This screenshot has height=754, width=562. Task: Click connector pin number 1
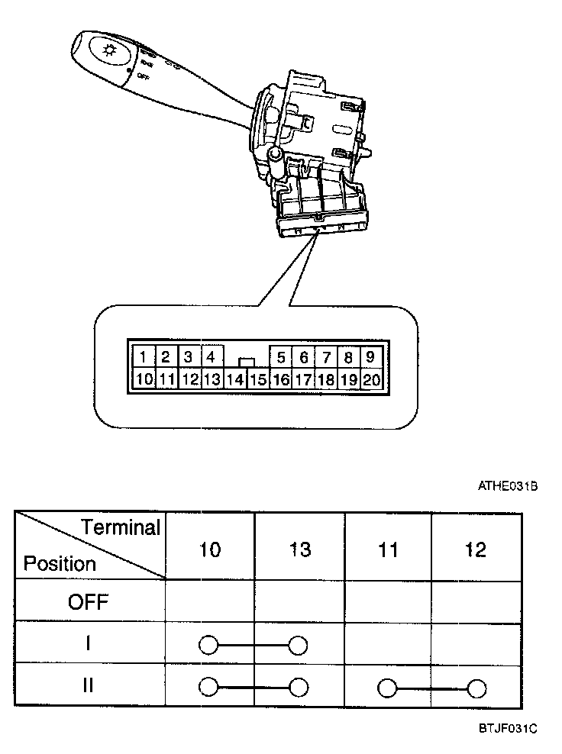(x=144, y=357)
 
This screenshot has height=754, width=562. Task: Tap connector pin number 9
(x=370, y=357)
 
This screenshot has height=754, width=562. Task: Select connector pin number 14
(x=236, y=379)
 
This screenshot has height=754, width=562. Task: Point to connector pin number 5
(x=281, y=357)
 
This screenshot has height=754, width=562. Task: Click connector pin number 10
(x=144, y=379)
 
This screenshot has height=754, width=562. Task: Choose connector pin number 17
(x=303, y=379)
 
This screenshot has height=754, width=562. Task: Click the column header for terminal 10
(x=209, y=549)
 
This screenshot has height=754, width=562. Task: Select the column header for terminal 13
(x=299, y=549)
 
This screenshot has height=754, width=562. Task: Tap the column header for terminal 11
(x=388, y=549)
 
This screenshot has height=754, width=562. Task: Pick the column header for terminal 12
(x=476, y=549)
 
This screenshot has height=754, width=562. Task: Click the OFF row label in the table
(x=89, y=602)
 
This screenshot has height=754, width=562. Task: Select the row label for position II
(x=89, y=685)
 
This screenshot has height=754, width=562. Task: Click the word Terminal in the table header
(x=121, y=527)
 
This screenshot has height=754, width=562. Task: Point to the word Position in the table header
(x=60, y=564)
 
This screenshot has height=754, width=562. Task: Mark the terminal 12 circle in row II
(x=477, y=688)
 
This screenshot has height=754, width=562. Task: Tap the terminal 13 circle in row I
(x=299, y=646)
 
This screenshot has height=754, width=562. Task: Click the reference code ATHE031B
(x=508, y=485)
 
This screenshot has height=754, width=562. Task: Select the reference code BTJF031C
(x=507, y=729)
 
